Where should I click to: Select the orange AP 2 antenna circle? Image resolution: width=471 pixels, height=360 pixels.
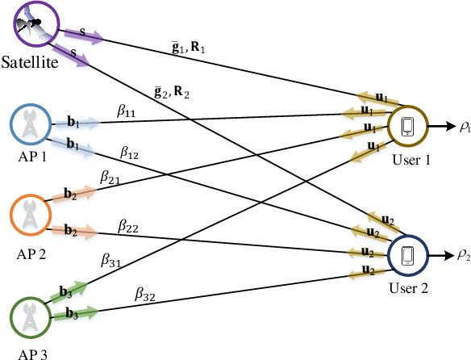31,215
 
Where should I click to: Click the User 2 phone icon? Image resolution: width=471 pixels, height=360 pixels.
407,256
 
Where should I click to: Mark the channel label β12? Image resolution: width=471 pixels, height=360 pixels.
131,151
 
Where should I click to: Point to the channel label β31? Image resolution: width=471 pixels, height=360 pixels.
110,259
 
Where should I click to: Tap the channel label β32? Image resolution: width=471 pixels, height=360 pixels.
145,296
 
